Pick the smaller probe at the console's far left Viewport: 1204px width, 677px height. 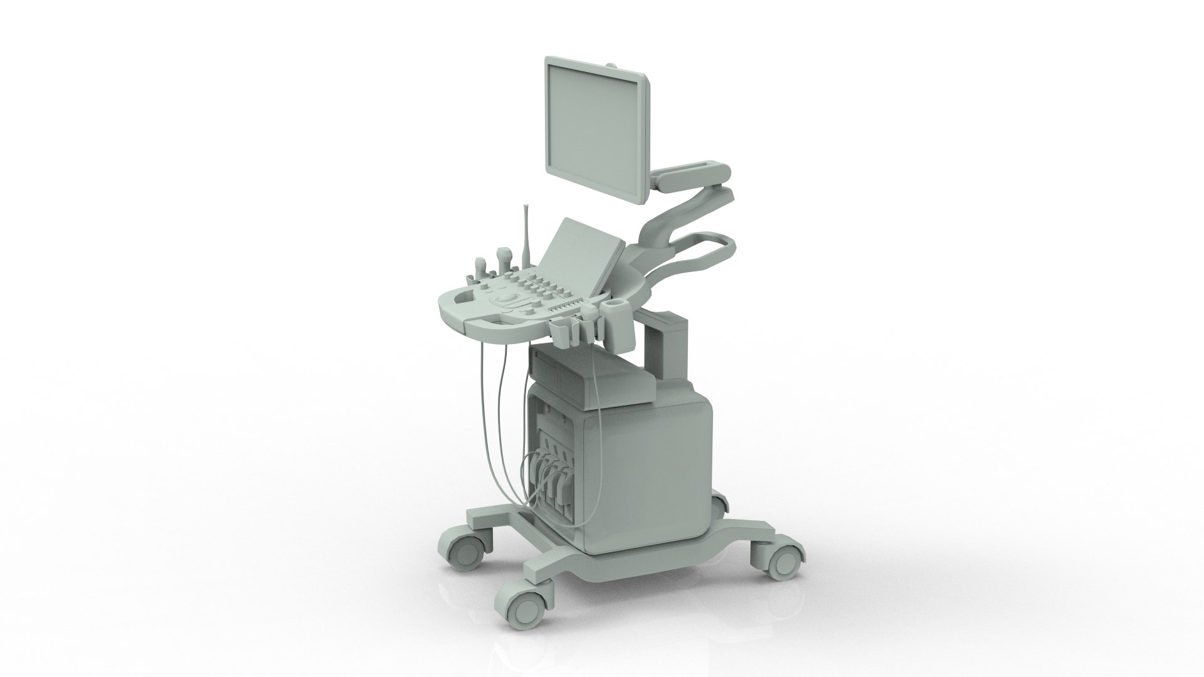482,264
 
